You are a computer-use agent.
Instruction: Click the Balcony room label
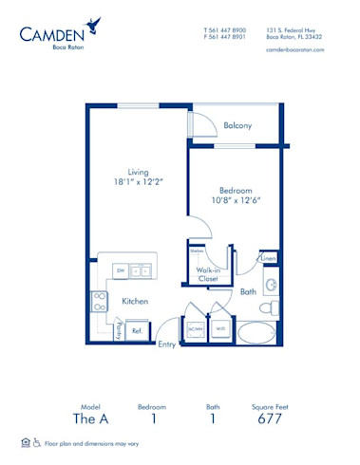(237, 125)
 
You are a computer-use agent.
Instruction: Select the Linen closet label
(269, 258)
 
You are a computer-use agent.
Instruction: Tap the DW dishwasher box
(121, 270)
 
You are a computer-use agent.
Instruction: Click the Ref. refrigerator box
(137, 330)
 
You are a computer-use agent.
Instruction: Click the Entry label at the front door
(167, 344)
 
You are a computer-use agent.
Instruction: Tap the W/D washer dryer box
(218, 329)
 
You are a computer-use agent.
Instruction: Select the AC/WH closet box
(196, 329)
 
